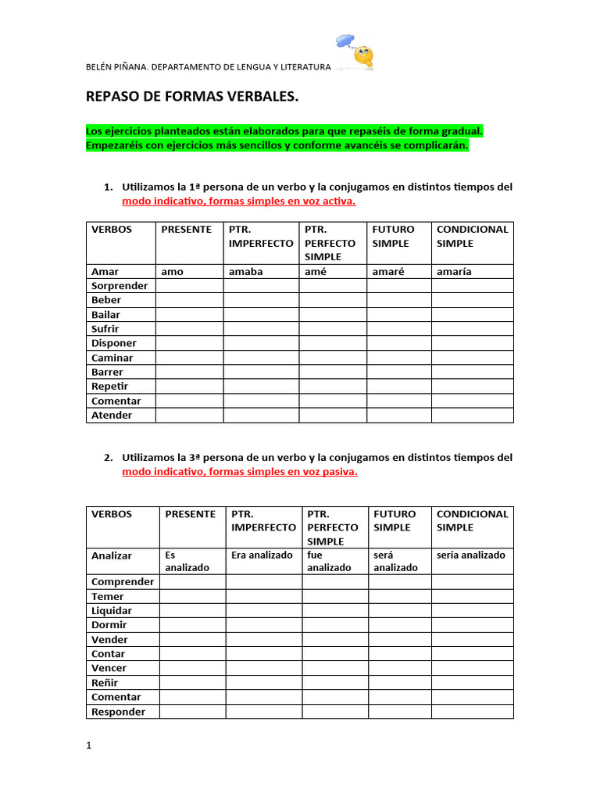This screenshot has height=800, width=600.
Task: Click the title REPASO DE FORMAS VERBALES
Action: point(191,97)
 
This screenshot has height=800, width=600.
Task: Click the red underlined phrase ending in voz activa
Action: point(238,201)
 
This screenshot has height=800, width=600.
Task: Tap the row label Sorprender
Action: point(120,286)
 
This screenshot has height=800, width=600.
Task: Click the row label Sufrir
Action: point(105,329)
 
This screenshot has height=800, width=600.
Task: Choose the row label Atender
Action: point(112,415)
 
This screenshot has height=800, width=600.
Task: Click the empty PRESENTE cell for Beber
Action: point(189,300)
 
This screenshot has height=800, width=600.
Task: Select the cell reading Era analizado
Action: point(262,555)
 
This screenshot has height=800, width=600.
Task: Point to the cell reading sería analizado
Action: point(471,555)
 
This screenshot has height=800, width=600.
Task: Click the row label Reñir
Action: point(105,683)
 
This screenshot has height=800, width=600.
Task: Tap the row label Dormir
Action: point(109,625)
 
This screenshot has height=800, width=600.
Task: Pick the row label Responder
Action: point(118,712)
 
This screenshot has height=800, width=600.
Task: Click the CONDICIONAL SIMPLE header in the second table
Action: point(473,520)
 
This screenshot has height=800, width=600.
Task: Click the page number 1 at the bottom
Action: point(89,745)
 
